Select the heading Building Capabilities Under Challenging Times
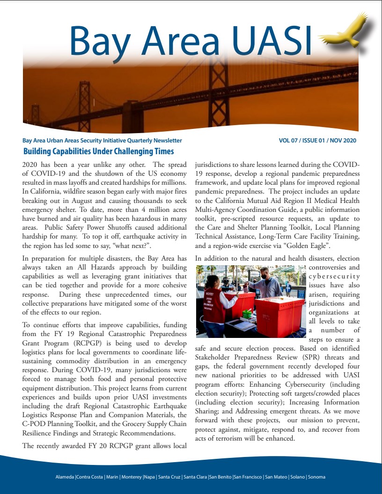pyautogui.click(x=98, y=151)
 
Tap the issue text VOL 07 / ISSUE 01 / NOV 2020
pyautogui.click(x=318, y=141)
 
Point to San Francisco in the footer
pyautogui.click(x=248, y=477)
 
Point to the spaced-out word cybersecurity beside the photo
pyautogui.click(x=334, y=277)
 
